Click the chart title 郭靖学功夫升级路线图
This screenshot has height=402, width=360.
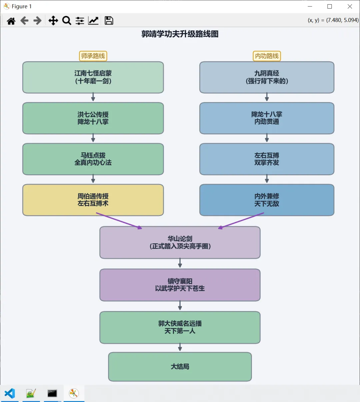[x=180, y=34]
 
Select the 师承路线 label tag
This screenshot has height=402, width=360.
[x=93, y=56]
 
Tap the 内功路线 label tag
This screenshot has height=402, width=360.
[x=267, y=56]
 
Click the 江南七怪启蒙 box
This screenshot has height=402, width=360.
[x=93, y=77]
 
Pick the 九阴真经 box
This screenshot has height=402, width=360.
[x=267, y=77]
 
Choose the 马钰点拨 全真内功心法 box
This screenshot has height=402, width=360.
[x=93, y=159]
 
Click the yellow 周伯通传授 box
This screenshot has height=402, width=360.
[x=93, y=200]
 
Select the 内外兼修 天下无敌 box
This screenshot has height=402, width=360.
[x=267, y=200]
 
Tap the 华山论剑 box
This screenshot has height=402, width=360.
[x=180, y=242]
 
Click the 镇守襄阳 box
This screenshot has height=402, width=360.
[x=180, y=285]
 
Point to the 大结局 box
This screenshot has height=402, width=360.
[x=180, y=367]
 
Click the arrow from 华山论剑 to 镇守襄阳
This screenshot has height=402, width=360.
[x=180, y=263]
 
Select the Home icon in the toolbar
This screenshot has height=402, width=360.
[x=11, y=21]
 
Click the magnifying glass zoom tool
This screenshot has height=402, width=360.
[x=67, y=21]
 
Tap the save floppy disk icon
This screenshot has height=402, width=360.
[x=109, y=21]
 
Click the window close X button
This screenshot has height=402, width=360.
[x=350, y=6]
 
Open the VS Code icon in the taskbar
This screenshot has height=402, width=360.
[x=10, y=393]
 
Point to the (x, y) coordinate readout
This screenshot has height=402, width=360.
[x=333, y=20]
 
